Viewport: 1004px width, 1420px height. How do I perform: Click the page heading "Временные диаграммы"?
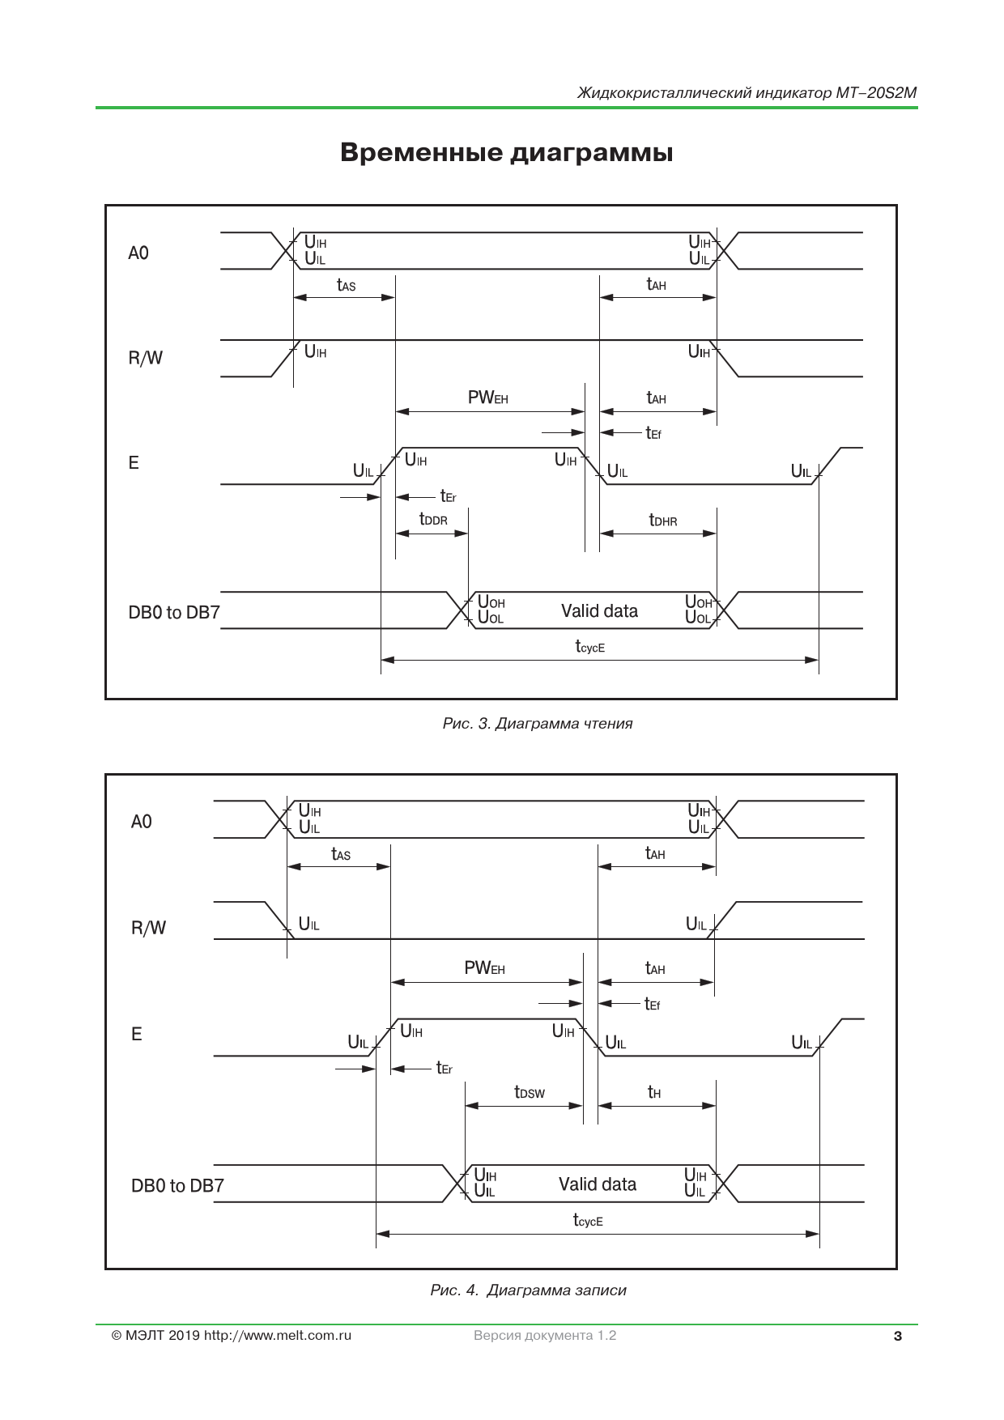click(x=506, y=152)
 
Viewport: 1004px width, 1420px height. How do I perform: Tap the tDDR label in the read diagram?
click(x=433, y=519)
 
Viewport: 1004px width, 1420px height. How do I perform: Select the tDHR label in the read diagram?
click(x=663, y=520)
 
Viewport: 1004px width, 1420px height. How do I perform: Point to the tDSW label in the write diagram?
click(x=530, y=1092)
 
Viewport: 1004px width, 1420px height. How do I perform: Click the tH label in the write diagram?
click(x=654, y=1092)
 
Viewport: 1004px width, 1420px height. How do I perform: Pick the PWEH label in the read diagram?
click(x=487, y=398)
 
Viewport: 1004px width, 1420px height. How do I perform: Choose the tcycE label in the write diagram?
click(x=588, y=1220)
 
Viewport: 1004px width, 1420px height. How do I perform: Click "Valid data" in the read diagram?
click(x=599, y=611)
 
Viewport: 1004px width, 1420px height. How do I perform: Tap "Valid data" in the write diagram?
click(x=598, y=1184)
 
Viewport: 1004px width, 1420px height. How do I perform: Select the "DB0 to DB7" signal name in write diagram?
click(x=177, y=1186)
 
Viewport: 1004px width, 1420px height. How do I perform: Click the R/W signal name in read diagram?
click(x=146, y=358)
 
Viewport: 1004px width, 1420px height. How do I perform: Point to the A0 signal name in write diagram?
click(x=141, y=822)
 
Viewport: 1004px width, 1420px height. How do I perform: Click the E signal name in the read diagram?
click(x=134, y=463)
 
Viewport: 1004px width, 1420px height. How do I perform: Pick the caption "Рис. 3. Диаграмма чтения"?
click(x=538, y=724)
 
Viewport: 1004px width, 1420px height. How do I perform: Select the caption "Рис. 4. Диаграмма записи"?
click(x=529, y=1290)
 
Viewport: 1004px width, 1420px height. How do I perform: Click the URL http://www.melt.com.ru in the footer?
click(x=278, y=1336)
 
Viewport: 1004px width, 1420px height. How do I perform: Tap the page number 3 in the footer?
click(x=897, y=1337)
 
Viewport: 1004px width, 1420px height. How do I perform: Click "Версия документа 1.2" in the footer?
click(x=545, y=1336)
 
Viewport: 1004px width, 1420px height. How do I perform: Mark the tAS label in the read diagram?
click(x=346, y=285)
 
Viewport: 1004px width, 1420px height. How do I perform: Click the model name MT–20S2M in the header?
click(x=877, y=92)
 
